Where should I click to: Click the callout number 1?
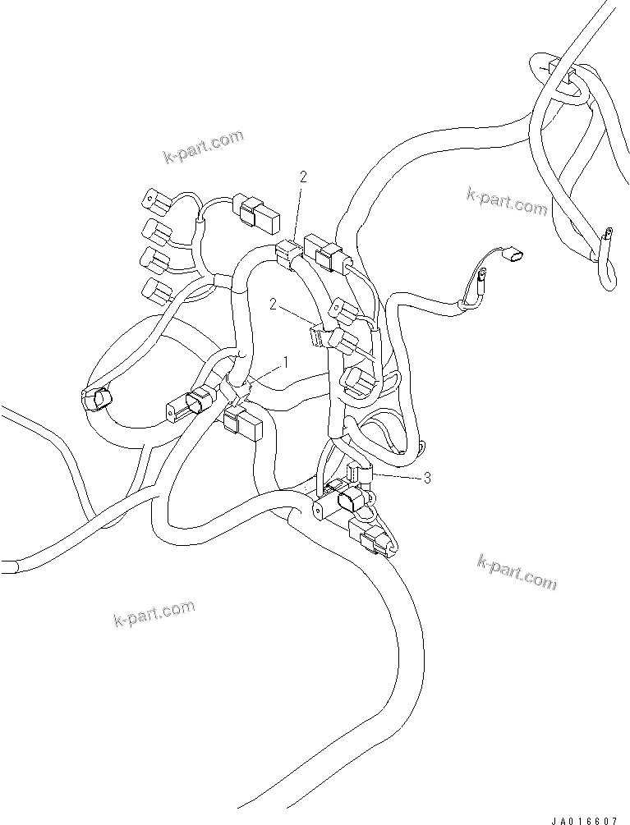286,360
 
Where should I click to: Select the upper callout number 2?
304,176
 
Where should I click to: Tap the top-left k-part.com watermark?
202,146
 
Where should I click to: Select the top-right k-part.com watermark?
506,200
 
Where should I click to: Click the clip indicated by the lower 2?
320,336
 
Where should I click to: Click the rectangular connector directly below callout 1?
243,423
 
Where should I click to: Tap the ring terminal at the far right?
609,237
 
